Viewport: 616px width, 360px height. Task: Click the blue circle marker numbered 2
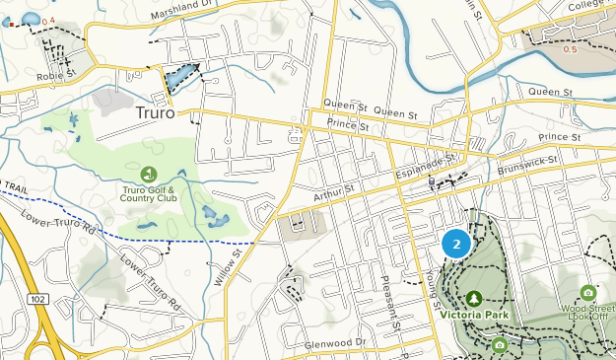pos(456,243)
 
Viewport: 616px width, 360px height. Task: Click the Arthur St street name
pos(333,184)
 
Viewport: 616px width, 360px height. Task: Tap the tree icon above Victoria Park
pos(473,298)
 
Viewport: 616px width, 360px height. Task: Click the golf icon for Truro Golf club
pos(148,174)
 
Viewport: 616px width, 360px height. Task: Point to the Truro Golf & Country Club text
pos(148,195)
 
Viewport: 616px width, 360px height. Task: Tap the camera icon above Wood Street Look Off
pos(587,292)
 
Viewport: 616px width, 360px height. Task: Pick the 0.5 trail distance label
pos(569,48)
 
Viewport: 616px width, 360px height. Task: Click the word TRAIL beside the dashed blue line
pos(14,185)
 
